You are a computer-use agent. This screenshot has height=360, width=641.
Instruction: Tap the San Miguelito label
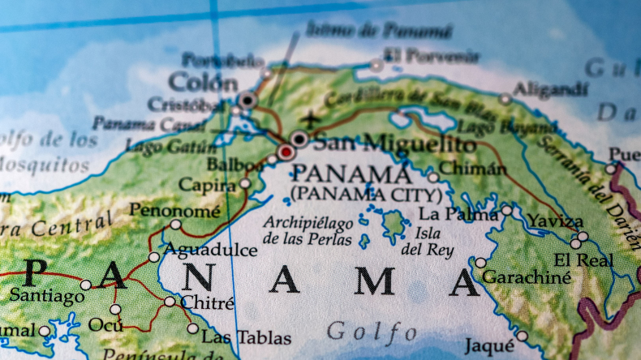tap(394, 144)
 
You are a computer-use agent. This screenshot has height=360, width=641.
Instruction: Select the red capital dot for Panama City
tap(286, 152)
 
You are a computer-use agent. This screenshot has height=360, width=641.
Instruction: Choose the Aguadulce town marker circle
tap(154, 257)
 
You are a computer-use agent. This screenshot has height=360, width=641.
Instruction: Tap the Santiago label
tap(46, 297)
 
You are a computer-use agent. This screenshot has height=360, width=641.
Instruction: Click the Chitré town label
tap(207, 304)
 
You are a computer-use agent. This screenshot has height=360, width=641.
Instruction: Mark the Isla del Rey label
tap(422, 242)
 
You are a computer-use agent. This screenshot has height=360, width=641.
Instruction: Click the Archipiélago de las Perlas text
tap(308, 231)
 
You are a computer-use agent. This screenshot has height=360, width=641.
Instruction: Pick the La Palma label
tap(458, 215)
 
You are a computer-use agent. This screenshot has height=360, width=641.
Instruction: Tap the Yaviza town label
tap(555, 221)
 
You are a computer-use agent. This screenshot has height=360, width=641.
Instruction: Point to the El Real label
tap(584, 260)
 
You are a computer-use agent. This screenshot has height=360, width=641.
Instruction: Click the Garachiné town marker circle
tap(481, 263)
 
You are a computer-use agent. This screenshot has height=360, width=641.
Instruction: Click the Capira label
tap(207, 185)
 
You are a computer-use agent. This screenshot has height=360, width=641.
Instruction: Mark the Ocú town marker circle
tap(115, 309)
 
